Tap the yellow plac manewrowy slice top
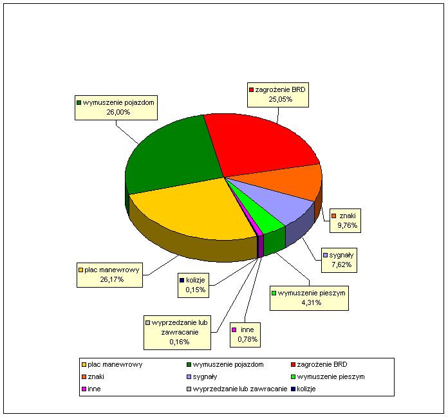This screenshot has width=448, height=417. coord(194,208)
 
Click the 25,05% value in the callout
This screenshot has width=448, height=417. coord(280,99)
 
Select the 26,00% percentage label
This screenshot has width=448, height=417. coord(118,112)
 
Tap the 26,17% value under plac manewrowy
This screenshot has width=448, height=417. coord(112,279)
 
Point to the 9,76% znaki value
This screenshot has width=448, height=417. coord(348,225)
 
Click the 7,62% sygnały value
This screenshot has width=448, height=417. coord(341,264)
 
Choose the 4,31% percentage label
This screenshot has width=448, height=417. coord(312,302)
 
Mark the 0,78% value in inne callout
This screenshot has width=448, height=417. coord(248,339)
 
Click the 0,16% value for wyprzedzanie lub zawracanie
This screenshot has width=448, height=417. coord(180,342)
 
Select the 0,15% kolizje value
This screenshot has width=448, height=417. coord(196,290)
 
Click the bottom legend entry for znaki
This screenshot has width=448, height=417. coord(93,376)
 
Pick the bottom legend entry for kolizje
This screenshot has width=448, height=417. coord(303,389)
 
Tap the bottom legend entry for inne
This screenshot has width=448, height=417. coord(91,389)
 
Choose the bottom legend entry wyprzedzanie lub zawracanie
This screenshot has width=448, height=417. coord(237,389)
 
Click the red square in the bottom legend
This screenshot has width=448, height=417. coord(293,365)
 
